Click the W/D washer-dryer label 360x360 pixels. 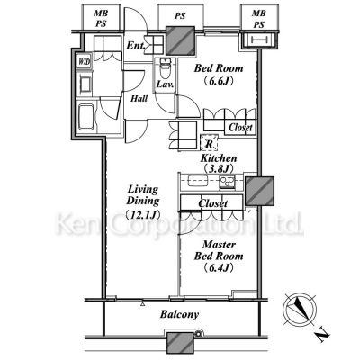click(85, 62)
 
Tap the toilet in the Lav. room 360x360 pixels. click(164, 68)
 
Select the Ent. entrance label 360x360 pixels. click(136, 46)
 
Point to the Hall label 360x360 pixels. click(139, 98)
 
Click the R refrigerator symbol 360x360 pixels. click(209, 142)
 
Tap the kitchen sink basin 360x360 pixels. click(198, 181)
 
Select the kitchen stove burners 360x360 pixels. click(227, 182)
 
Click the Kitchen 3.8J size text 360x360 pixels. click(219, 168)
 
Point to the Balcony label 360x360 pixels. click(179, 314)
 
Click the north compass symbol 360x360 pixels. click(300, 309)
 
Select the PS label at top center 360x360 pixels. click(180, 16)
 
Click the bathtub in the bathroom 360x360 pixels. click(86, 117)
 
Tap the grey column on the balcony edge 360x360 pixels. click(180, 342)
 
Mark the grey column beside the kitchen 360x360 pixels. click(259, 191)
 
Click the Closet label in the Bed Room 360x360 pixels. click(240, 128)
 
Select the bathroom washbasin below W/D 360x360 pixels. click(85, 84)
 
